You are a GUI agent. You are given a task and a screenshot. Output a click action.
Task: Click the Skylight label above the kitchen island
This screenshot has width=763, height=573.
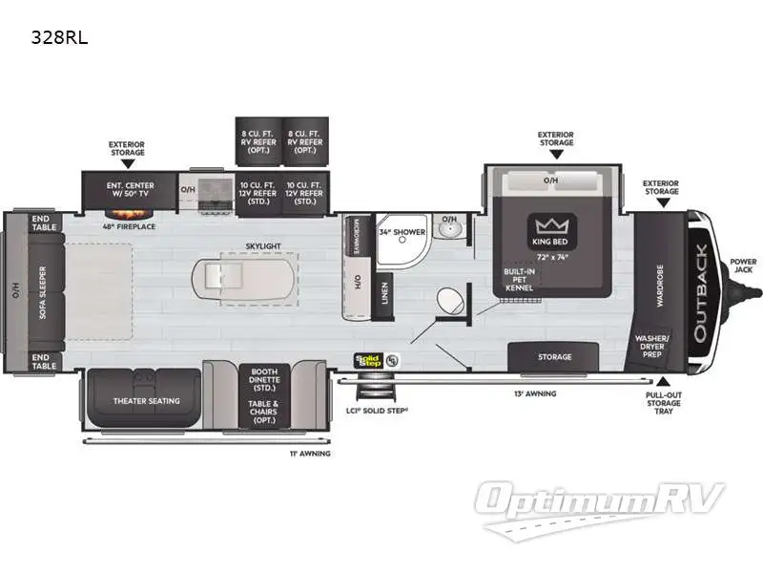point(263,245)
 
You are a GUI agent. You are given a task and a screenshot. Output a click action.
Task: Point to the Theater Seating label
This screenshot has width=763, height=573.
point(147,400)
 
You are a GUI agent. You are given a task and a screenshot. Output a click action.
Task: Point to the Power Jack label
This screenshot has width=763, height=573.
point(743,265)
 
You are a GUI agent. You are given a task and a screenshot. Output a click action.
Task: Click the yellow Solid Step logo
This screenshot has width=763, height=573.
point(367,361)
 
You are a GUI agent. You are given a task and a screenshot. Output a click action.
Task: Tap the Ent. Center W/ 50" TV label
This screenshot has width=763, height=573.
point(129,190)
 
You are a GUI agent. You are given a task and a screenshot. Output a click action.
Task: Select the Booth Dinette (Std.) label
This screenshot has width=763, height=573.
point(264,381)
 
